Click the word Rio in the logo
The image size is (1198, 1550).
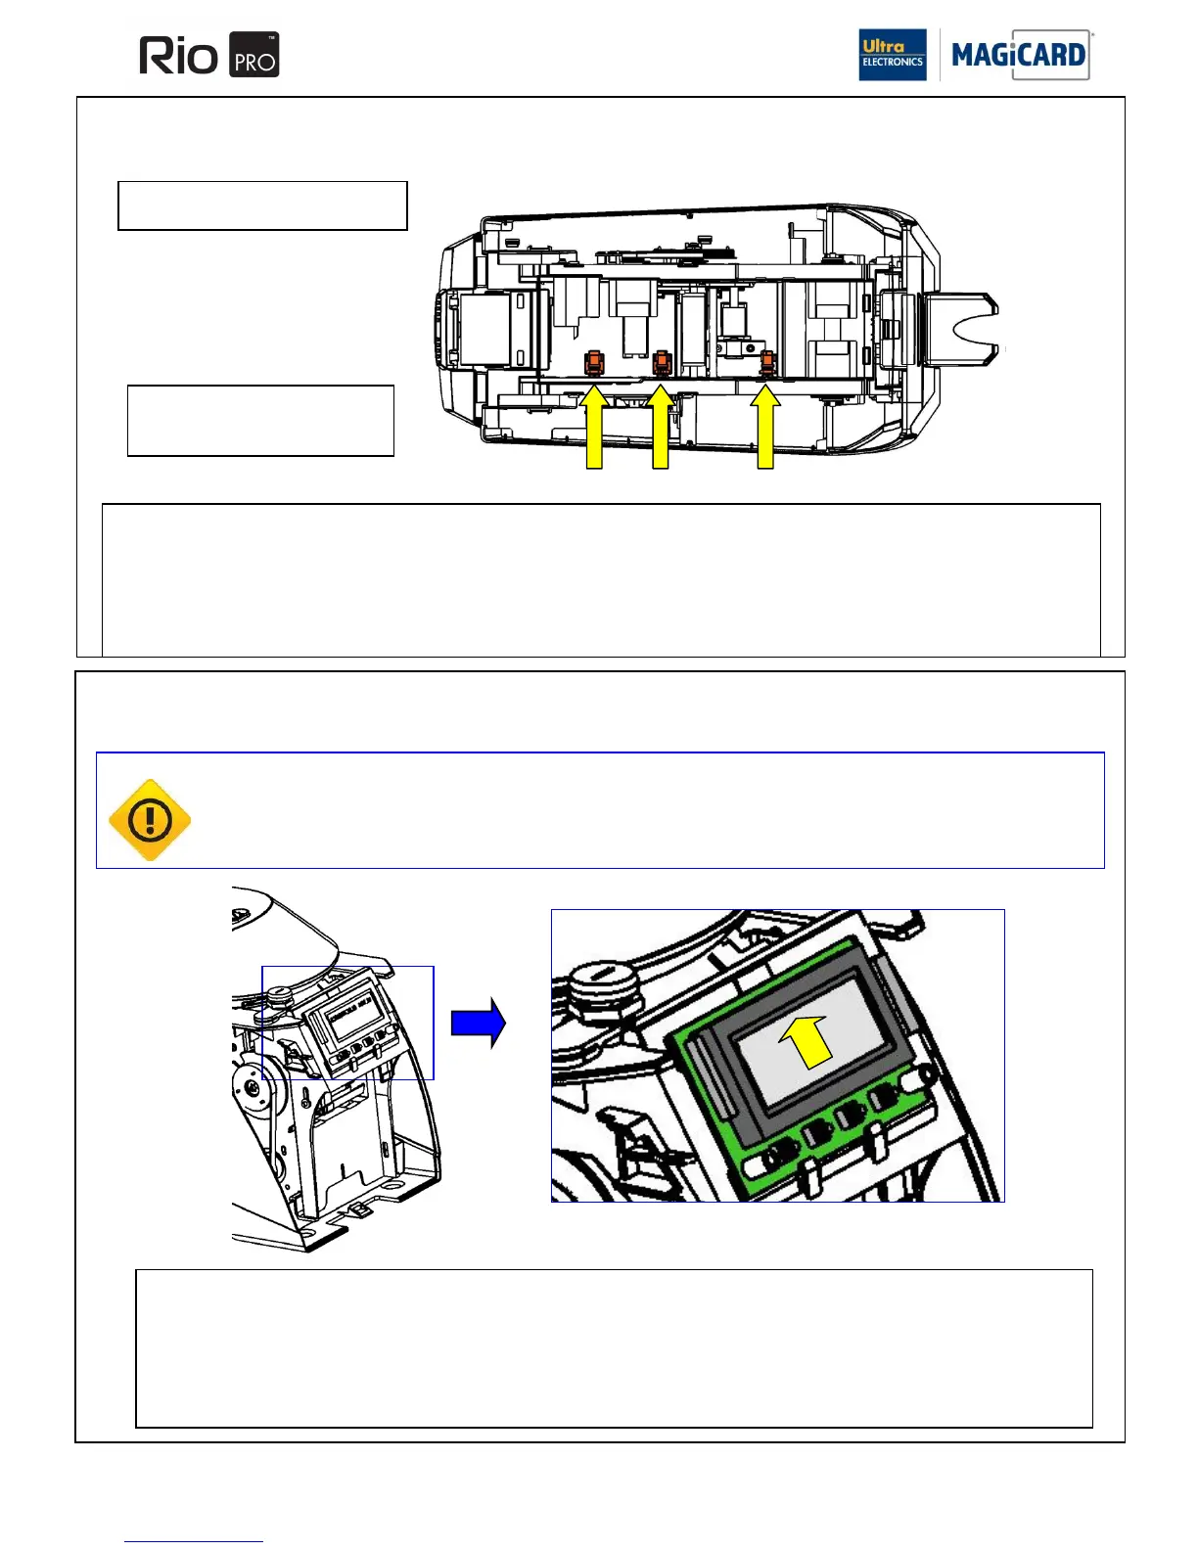[178, 56]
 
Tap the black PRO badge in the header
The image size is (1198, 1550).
[254, 56]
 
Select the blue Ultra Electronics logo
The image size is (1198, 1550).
[892, 55]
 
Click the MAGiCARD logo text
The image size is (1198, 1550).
[1018, 55]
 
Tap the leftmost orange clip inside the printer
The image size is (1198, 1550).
[593, 364]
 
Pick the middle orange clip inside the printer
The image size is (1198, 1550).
[662, 364]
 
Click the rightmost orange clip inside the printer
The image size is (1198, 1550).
[767, 364]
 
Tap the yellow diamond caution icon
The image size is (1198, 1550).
[150, 820]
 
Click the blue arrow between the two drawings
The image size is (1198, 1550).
[478, 1023]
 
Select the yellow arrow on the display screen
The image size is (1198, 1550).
[807, 1041]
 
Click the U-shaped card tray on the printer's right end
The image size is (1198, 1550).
[964, 330]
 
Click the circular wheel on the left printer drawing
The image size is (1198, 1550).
[253, 1086]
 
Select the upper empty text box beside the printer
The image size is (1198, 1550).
[262, 205]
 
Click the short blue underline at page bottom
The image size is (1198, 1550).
[193, 1542]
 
